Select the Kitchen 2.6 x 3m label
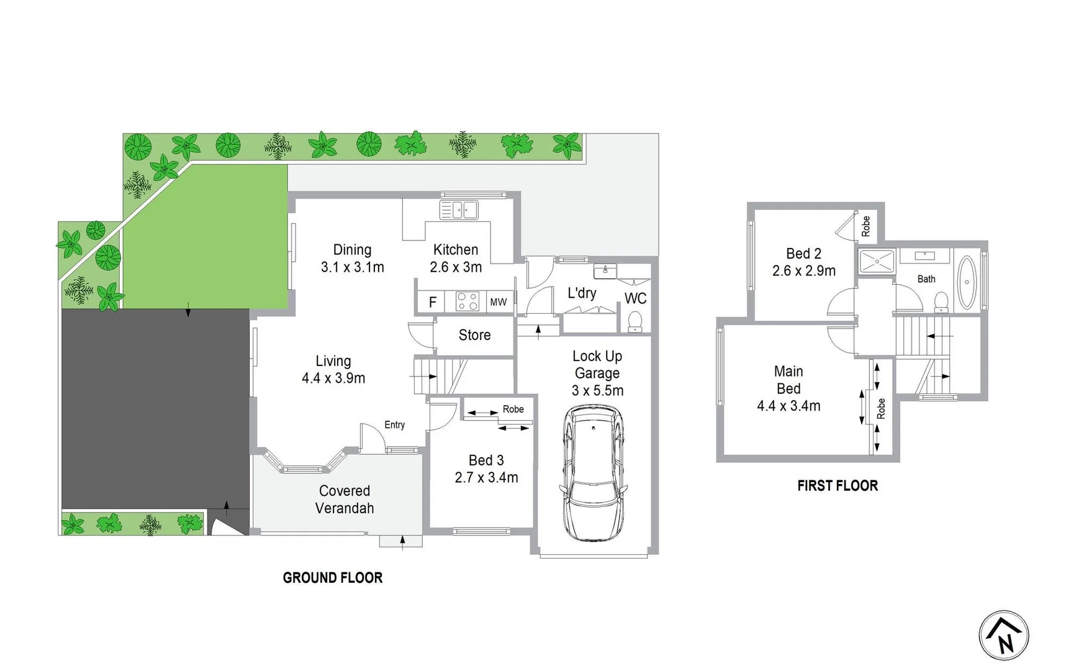click(456, 258)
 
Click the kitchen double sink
click(459, 210)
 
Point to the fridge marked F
click(433, 303)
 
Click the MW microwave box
click(499, 303)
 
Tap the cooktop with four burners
click(467, 302)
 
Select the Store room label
click(474, 335)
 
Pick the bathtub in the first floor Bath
click(966, 282)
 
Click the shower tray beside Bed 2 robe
click(877, 262)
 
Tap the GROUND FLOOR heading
click(332, 578)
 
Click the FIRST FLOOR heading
click(837, 486)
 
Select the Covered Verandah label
click(345, 500)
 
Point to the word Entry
click(394, 425)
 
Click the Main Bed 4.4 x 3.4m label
click(788, 389)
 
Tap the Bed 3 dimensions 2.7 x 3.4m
click(486, 478)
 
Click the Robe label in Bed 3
click(513, 409)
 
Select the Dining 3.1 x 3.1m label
click(352, 258)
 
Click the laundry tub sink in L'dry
click(605, 271)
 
